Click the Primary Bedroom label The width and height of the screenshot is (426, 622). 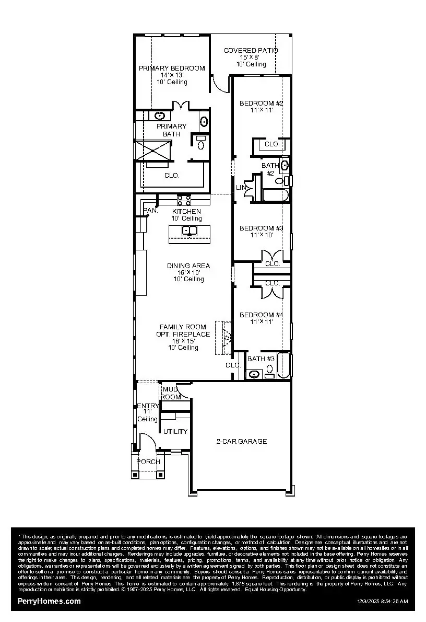click(x=172, y=68)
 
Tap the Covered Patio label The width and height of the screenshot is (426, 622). click(x=251, y=51)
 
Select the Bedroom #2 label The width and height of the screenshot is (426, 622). click(x=261, y=103)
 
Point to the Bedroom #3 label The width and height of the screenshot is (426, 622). click(x=261, y=228)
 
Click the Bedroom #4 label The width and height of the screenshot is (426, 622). click(x=261, y=315)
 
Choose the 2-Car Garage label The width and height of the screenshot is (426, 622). click(x=242, y=442)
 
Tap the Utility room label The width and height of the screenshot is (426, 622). click(x=175, y=432)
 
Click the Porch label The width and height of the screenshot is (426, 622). click(x=148, y=462)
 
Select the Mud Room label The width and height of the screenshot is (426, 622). click(x=171, y=393)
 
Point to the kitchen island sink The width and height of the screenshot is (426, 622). click(x=189, y=231)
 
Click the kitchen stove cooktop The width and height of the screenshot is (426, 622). click(x=184, y=200)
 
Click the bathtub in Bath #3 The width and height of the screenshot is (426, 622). click(x=283, y=365)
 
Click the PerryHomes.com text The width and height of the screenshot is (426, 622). click(x=49, y=601)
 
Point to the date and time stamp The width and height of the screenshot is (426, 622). click(x=382, y=602)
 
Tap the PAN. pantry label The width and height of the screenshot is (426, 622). click(x=150, y=211)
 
